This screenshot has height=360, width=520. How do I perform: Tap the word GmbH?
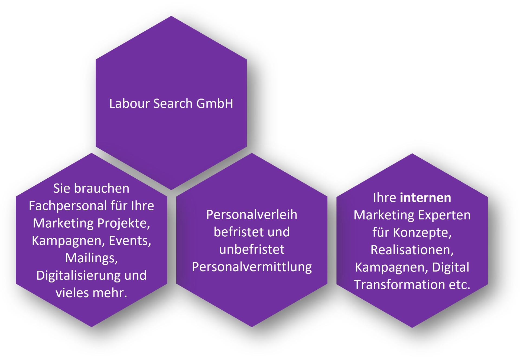click(x=215, y=103)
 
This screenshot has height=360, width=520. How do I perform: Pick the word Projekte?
click(x=124, y=224)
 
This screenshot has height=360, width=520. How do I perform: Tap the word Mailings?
click(x=92, y=258)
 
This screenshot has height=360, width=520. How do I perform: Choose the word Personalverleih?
click(x=252, y=215)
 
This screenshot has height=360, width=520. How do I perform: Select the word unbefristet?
click(x=252, y=250)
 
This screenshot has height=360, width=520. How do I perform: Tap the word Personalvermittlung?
click(x=252, y=267)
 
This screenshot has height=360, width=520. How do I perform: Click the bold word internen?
click(x=425, y=198)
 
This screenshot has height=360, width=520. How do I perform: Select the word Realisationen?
click(x=412, y=250)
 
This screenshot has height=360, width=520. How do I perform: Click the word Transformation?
click(x=399, y=285)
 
